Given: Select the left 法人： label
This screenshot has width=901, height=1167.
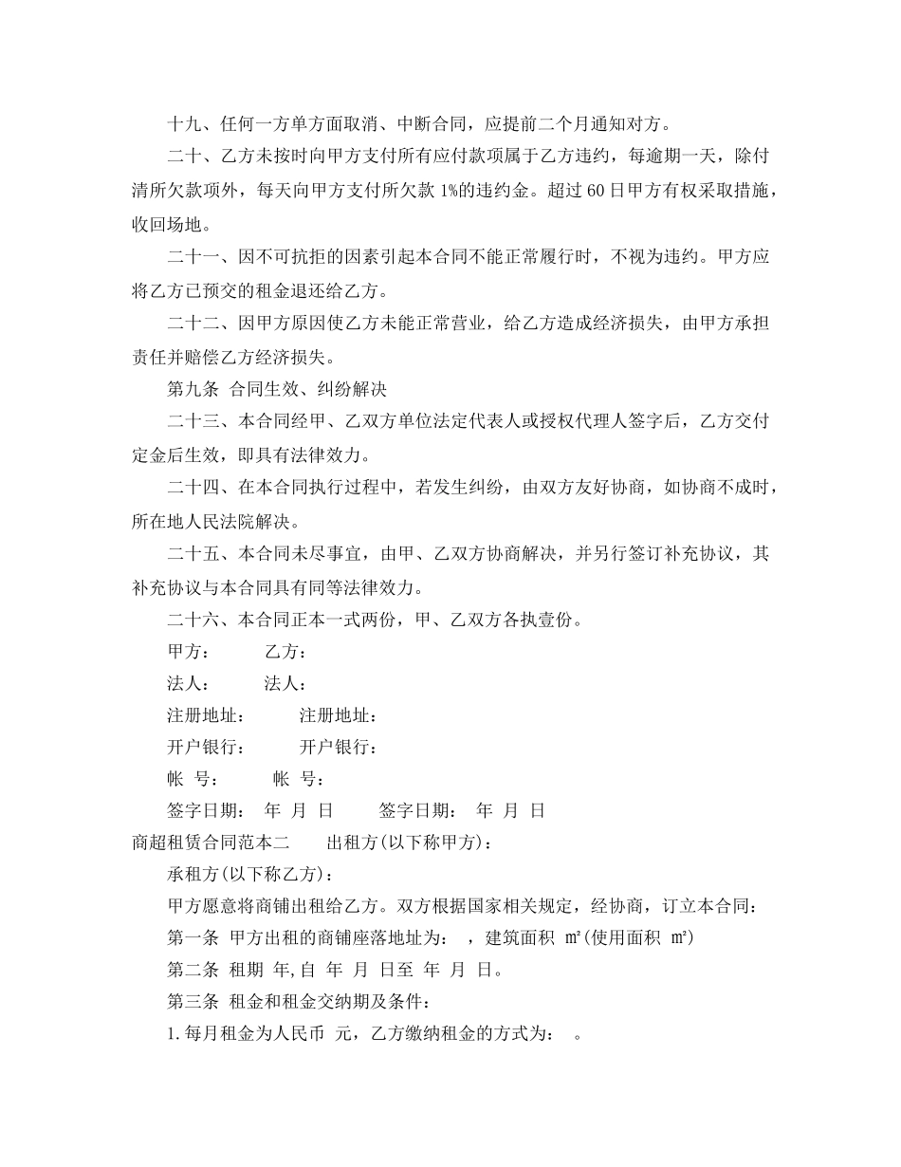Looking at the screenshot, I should pyautogui.click(x=189, y=684).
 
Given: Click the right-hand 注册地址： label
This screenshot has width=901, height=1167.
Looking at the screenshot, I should pyautogui.click(x=340, y=715).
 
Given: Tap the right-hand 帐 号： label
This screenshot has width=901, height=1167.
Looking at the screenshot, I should pyautogui.click(x=299, y=779).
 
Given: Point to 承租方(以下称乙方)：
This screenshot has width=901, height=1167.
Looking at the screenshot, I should pyautogui.click(x=250, y=874).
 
